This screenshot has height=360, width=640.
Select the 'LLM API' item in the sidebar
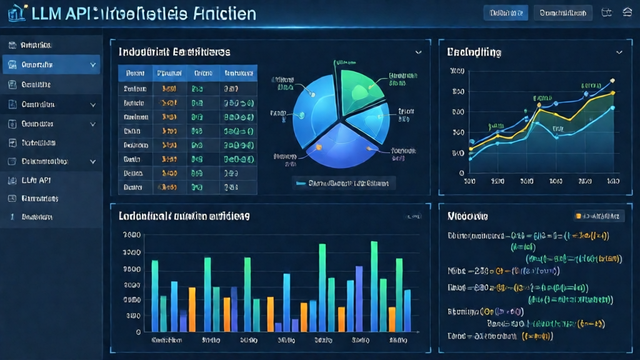pyautogui.click(x=36, y=180)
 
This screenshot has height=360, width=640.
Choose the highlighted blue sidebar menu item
pyautogui.click(x=50, y=64)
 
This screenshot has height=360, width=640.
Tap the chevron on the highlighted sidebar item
pyautogui.click(x=93, y=64)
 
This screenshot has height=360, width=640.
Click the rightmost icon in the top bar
pyautogui.click(x=627, y=12)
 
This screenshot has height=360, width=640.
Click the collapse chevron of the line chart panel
pyautogui.click(x=619, y=52)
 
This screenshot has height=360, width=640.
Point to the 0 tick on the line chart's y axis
pyautogui.click(x=462, y=172)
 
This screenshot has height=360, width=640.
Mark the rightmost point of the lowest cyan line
pyautogui.click(x=612, y=108)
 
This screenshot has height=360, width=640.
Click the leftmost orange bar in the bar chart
pyautogui.click(x=192, y=309)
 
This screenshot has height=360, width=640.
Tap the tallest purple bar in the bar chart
pyautogui.click(x=359, y=299)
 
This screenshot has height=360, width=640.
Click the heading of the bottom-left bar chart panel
pyautogui.click(x=184, y=216)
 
